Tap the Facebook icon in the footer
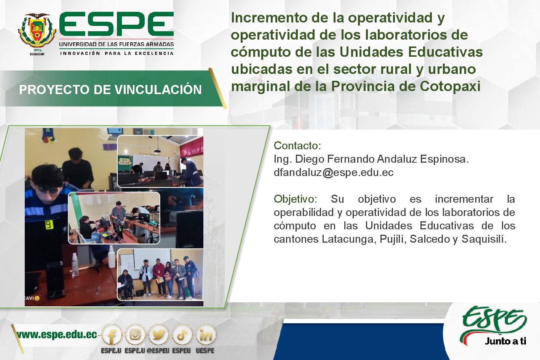coord(112,335)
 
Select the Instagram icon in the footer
coord(135,335)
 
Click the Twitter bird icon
coord(158,335)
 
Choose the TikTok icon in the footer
coord(182,335)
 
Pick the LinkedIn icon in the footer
coord(206,335)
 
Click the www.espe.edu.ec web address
coord(57,335)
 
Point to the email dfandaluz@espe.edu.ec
coord(333,173)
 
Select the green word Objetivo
coord(295,199)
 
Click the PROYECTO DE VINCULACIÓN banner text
coord(110,90)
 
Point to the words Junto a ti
coord(505,341)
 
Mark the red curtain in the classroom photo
coord(192,147)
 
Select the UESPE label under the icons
coord(205,350)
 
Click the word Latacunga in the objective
coord(348,239)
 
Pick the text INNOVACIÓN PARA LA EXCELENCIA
coord(117,53)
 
